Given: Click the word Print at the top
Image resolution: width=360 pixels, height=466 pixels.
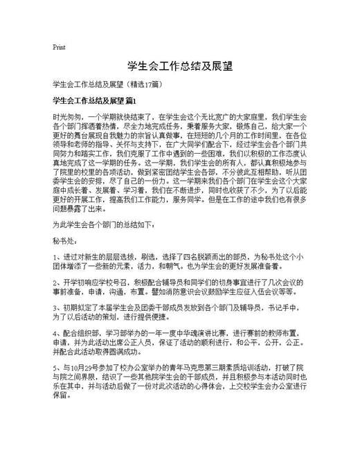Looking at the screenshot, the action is tap(59, 48).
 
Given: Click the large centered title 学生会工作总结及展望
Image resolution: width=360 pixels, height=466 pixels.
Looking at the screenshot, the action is tap(180, 67).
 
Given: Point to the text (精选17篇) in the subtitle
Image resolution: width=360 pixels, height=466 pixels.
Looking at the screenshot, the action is tap(144, 84).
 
